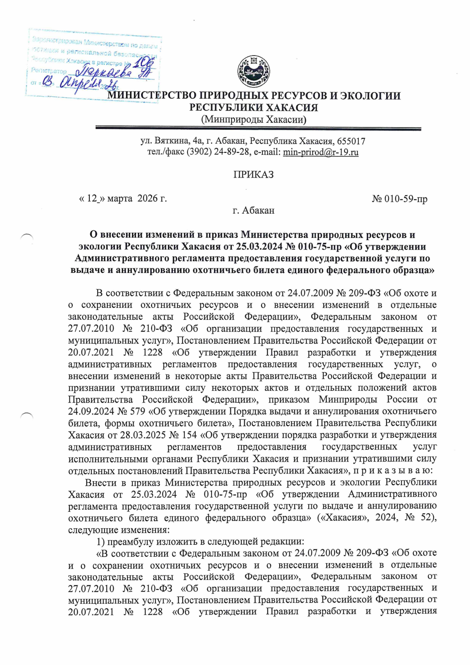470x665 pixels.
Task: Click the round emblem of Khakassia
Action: coord(254,72)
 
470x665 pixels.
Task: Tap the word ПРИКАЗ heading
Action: coord(253,175)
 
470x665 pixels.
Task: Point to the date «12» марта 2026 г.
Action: coord(123,199)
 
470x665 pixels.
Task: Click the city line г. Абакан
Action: coord(253,211)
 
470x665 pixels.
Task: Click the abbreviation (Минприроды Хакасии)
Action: coord(253,120)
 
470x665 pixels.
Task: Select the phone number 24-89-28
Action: coord(232,152)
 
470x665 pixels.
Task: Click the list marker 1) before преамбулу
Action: coord(101,542)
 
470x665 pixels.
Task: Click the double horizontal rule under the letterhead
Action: coord(258,129)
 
